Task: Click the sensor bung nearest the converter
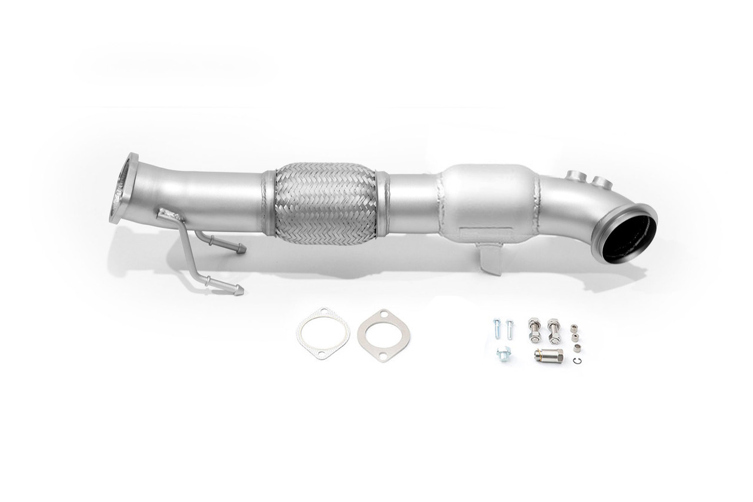coord(574,175)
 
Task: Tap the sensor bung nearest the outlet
coord(600,180)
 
